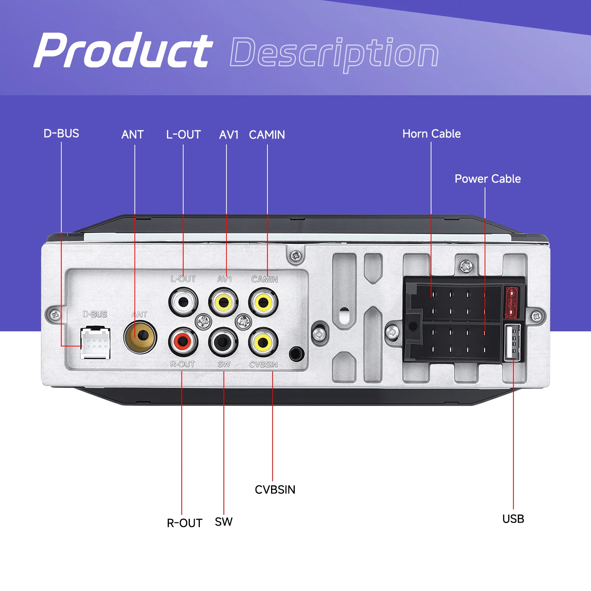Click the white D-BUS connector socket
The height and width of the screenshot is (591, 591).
tap(95, 343)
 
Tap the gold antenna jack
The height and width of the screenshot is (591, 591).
tap(140, 337)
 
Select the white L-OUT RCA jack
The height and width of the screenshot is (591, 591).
tap(183, 302)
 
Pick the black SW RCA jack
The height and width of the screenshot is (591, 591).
tap(223, 342)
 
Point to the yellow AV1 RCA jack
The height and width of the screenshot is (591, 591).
tap(223, 303)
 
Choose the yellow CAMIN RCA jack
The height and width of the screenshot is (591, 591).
tap(263, 303)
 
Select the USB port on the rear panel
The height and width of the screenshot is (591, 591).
tap(513, 342)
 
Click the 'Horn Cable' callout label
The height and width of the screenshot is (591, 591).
tap(431, 134)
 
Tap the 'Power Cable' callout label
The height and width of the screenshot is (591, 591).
tap(488, 179)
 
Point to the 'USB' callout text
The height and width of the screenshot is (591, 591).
tap(513, 519)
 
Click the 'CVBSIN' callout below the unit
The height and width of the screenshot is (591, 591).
tap(275, 490)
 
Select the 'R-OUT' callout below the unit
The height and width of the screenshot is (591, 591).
tap(184, 523)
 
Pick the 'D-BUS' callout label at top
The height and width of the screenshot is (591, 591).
tap(61, 133)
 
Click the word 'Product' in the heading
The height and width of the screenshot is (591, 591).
tap(123, 50)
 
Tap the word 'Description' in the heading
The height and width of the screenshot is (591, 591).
tap(334, 54)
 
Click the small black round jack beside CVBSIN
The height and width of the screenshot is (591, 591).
tap(296, 354)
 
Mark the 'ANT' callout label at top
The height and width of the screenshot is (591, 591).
tap(133, 134)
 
